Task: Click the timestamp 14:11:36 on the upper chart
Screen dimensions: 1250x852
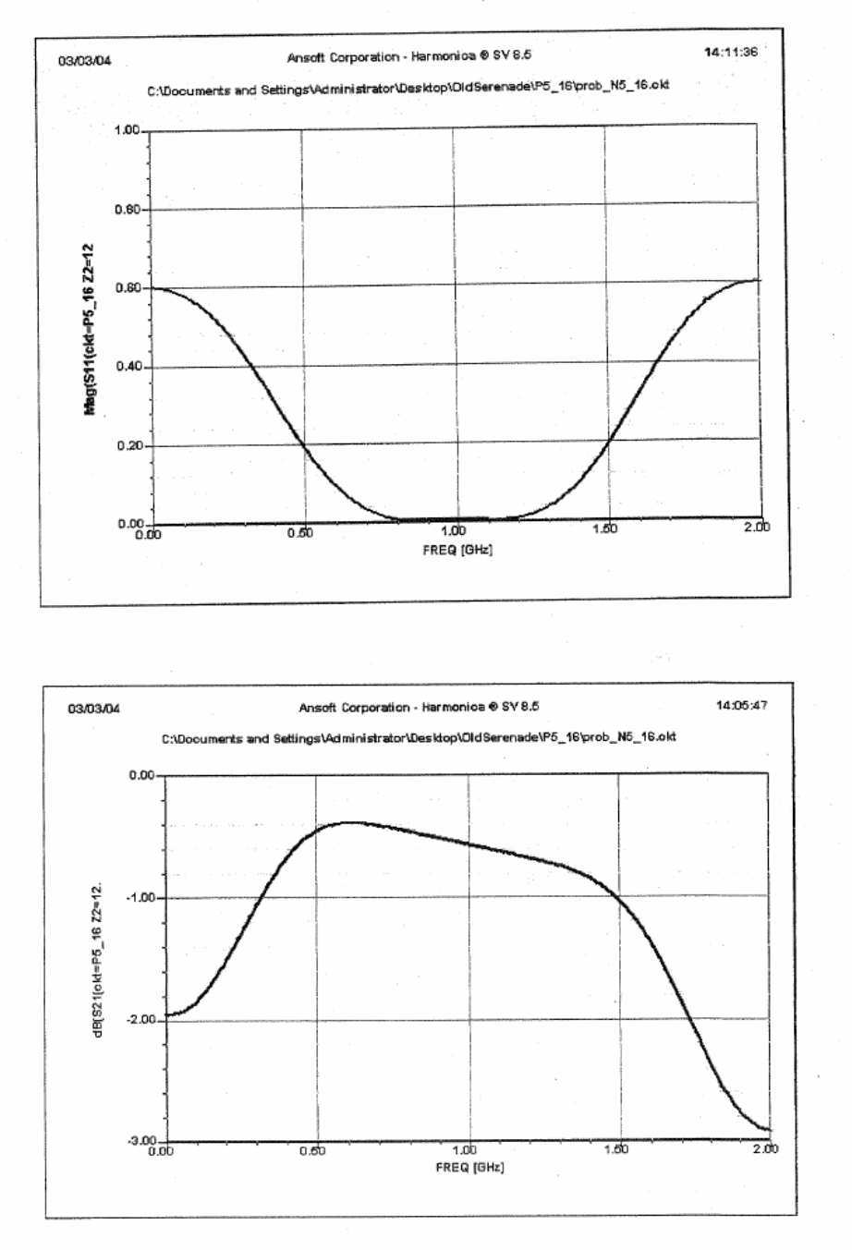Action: point(730,52)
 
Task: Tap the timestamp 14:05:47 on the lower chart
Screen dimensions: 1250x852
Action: point(741,706)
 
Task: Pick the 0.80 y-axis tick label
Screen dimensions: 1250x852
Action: point(128,210)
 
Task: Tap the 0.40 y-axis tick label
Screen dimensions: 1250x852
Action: point(128,368)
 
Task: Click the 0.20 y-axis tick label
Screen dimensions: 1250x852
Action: point(128,446)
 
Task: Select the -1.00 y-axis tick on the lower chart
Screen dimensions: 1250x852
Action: point(140,897)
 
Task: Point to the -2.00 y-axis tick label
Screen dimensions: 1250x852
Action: point(140,1019)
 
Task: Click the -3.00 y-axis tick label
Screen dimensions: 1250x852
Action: point(140,1141)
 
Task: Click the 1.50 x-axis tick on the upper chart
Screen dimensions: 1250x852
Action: point(605,532)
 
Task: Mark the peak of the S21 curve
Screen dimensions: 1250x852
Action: point(351,821)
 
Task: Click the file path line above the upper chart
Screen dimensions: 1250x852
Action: point(408,86)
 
